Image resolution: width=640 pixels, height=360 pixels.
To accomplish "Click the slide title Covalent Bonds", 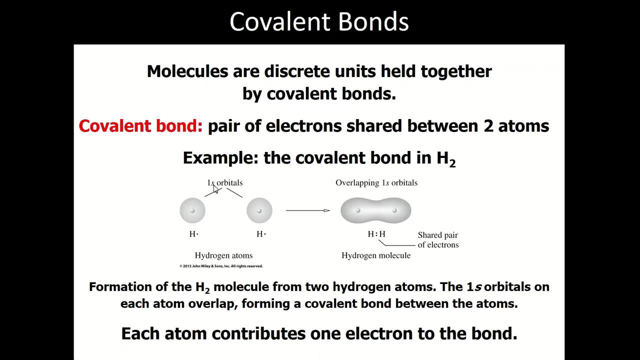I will click(319, 22).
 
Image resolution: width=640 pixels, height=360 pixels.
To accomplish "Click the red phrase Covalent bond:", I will click(140, 126).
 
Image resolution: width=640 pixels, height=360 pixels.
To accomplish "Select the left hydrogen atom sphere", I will click(192, 210).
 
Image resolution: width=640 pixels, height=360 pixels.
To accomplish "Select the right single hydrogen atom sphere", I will click(259, 210).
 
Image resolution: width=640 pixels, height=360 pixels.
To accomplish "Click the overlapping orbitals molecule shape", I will click(376, 210).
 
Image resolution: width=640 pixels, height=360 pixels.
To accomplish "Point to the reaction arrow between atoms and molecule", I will click(307, 210).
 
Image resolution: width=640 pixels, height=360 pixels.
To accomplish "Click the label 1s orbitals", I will click(225, 182).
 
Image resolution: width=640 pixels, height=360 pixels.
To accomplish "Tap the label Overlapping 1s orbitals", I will click(376, 182).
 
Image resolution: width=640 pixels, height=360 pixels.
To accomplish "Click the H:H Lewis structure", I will click(376, 234).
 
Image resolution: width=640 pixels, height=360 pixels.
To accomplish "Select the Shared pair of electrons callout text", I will click(438, 240).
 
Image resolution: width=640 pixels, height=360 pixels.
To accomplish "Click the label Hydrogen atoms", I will click(223, 255).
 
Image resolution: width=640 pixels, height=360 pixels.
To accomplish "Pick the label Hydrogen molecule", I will click(376, 255).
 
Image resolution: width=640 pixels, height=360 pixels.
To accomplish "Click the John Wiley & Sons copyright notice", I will click(221, 266).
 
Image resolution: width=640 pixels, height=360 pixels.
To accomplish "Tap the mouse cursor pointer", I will click(215, 189).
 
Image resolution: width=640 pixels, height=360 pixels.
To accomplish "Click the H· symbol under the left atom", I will click(193, 234).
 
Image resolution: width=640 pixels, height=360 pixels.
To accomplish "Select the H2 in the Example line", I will click(446, 158).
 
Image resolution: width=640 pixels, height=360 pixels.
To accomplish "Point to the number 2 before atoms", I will click(488, 126).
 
